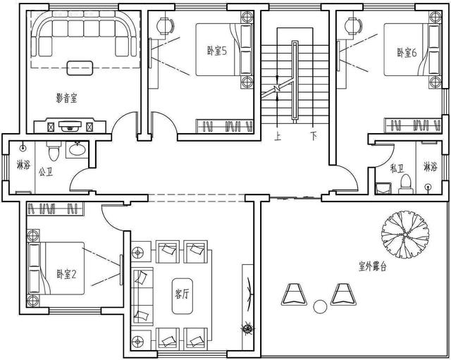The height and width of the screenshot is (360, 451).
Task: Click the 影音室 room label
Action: [x=66, y=99]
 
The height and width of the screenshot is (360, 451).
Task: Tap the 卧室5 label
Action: [x=217, y=51]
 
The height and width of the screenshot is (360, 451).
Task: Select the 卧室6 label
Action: [x=407, y=53]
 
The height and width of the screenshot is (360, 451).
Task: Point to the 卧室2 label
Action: [x=66, y=274]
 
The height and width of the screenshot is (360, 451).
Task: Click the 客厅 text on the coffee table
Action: [x=182, y=294]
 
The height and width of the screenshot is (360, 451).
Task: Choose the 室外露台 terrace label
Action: [x=373, y=266]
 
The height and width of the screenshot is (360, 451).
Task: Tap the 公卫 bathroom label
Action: [x=46, y=172]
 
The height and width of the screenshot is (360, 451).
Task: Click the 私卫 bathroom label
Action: [x=397, y=168]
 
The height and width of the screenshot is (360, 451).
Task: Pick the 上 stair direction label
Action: [x=278, y=136]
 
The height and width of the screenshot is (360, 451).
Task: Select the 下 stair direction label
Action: [x=314, y=135]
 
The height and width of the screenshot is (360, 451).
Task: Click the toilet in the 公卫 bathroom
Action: [x=54, y=151]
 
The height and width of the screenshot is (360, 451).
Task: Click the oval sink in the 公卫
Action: [x=77, y=149]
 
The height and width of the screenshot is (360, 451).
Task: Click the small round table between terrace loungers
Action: [x=320, y=306]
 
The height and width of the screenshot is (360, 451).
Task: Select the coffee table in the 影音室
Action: [x=80, y=68]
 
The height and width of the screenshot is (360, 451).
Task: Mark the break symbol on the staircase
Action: [x=277, y=87]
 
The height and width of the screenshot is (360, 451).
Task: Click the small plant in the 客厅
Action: [x=247, y=328]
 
